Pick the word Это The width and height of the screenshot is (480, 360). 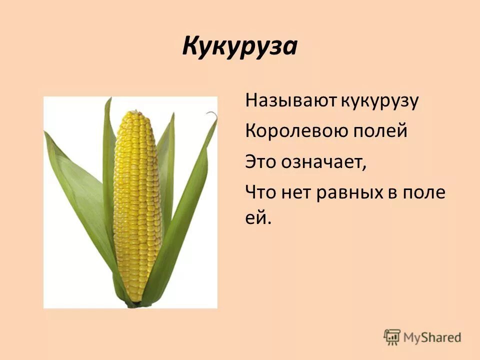pos(261,162)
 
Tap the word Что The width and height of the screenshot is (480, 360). pos(261,192)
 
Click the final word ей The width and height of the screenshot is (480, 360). pos(257,218)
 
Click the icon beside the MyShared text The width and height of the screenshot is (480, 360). pos(392,336)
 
